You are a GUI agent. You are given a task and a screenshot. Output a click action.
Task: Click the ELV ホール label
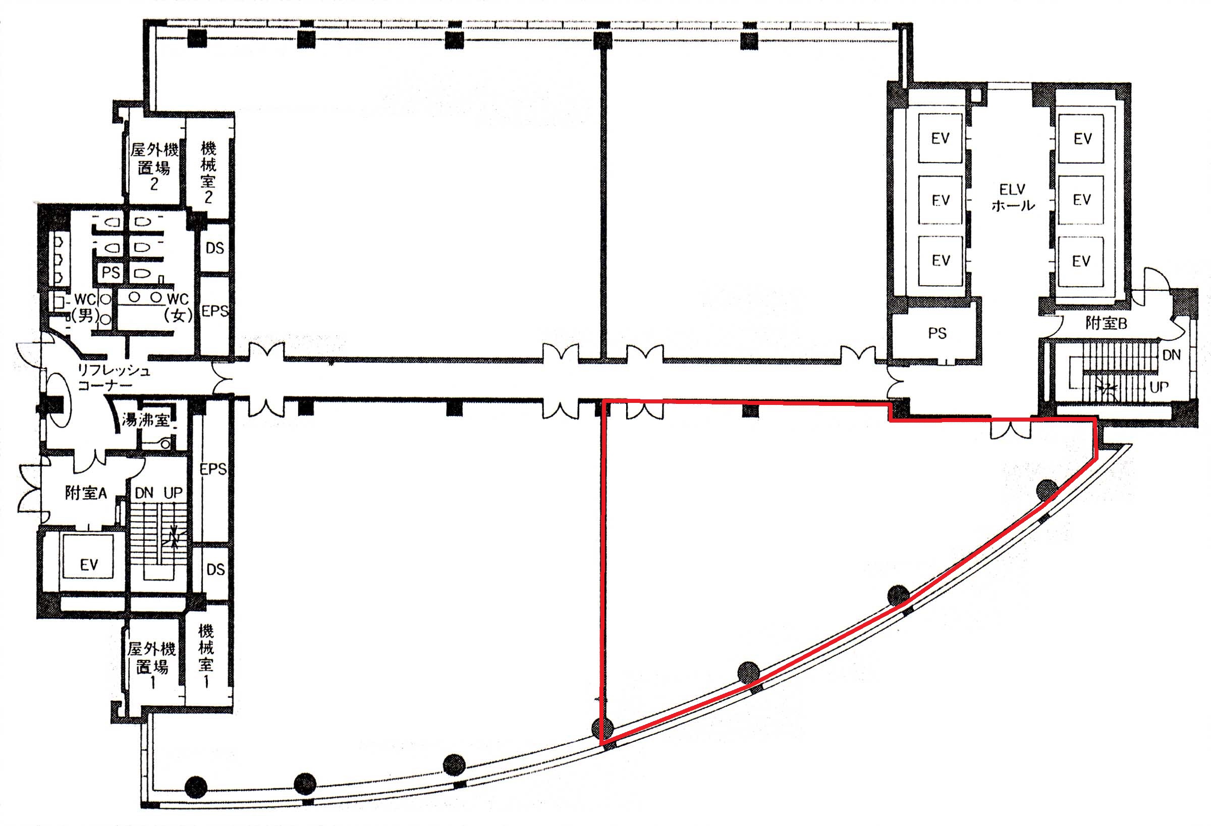tap(1013, 197)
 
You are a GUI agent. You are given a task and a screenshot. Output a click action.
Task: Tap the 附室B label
tap(1106, 323)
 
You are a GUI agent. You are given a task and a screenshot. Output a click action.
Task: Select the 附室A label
tap(85, 493)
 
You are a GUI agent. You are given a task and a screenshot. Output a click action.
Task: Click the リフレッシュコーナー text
tap(114, 378)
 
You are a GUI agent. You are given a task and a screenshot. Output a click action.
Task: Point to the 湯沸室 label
tap(145, 420)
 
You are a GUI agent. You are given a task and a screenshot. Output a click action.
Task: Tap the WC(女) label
tap(178, 307)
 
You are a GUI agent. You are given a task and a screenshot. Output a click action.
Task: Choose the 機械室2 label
tap(208, 173)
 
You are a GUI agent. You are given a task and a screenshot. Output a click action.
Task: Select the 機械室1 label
tap(206, 655)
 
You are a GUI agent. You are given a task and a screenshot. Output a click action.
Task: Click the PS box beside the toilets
tap(111, 272)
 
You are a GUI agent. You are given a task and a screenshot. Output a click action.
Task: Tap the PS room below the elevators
tap(937, 333)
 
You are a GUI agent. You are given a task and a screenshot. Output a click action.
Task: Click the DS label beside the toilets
tap(214, 248)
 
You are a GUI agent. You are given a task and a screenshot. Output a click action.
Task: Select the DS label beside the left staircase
tap(215, 569)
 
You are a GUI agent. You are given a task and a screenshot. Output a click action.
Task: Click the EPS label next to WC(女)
tap(214, 312)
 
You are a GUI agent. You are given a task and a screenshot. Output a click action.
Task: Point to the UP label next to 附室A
tap(173, 493)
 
